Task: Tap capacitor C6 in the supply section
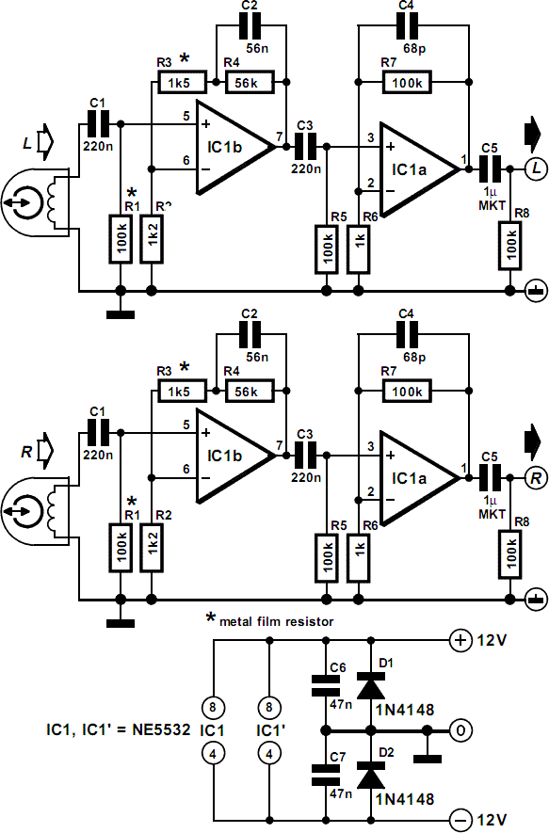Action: [325, 683]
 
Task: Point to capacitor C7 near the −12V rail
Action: [325, 775]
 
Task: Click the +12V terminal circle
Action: [461, 641]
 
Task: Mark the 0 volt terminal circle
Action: [460, 729]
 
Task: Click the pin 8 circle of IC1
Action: [216, 707]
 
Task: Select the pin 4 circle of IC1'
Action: [270, 753]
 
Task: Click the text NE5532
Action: [155, 729]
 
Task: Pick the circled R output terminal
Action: [534, 478]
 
